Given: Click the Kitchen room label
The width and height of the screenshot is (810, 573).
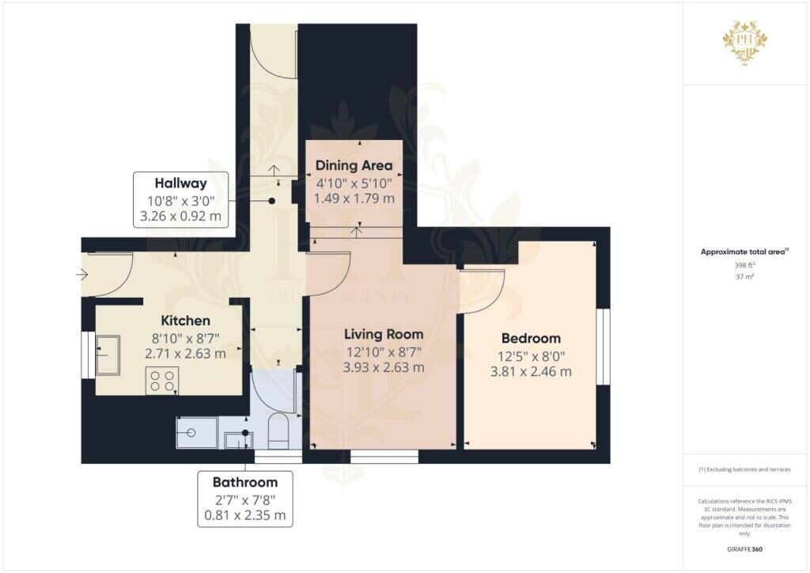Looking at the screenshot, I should (x=186, y=321).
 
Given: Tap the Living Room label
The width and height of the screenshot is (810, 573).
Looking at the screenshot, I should (x=383, y=334).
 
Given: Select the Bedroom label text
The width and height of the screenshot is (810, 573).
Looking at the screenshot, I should (x=530, y=338).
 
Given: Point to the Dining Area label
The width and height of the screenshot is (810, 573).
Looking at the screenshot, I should (x=354, y=165).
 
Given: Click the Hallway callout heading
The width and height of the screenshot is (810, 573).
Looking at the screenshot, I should (x=181, y=184).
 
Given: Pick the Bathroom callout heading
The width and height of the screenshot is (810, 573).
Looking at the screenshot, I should (x=245, y=482).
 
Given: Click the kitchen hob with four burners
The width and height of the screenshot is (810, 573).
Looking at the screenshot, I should (x=162, y=381).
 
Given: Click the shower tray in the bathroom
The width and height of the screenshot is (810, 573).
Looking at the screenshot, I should (x=196, y=432).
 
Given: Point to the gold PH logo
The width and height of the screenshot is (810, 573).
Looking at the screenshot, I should (x=744, y=40).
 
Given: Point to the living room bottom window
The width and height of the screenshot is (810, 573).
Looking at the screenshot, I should (x=384, y=457).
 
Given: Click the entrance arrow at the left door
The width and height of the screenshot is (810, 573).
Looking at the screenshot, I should (x=82, y=275).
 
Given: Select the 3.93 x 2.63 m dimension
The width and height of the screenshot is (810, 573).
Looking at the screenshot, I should (x=383, y=367).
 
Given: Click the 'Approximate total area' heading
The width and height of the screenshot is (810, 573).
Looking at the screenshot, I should (x=743, y=252).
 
